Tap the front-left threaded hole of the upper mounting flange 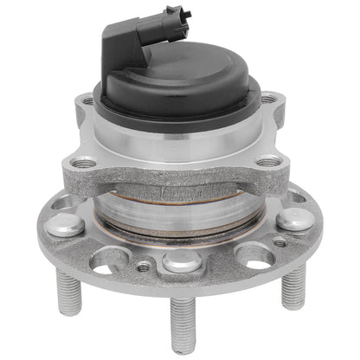(x=85, y=162)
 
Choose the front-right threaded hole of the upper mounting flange (x=268, y=160)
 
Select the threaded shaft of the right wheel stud (x=293, y=286)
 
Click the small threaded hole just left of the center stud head (x=143, y=267)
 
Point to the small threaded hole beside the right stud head (x=280, y=242)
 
